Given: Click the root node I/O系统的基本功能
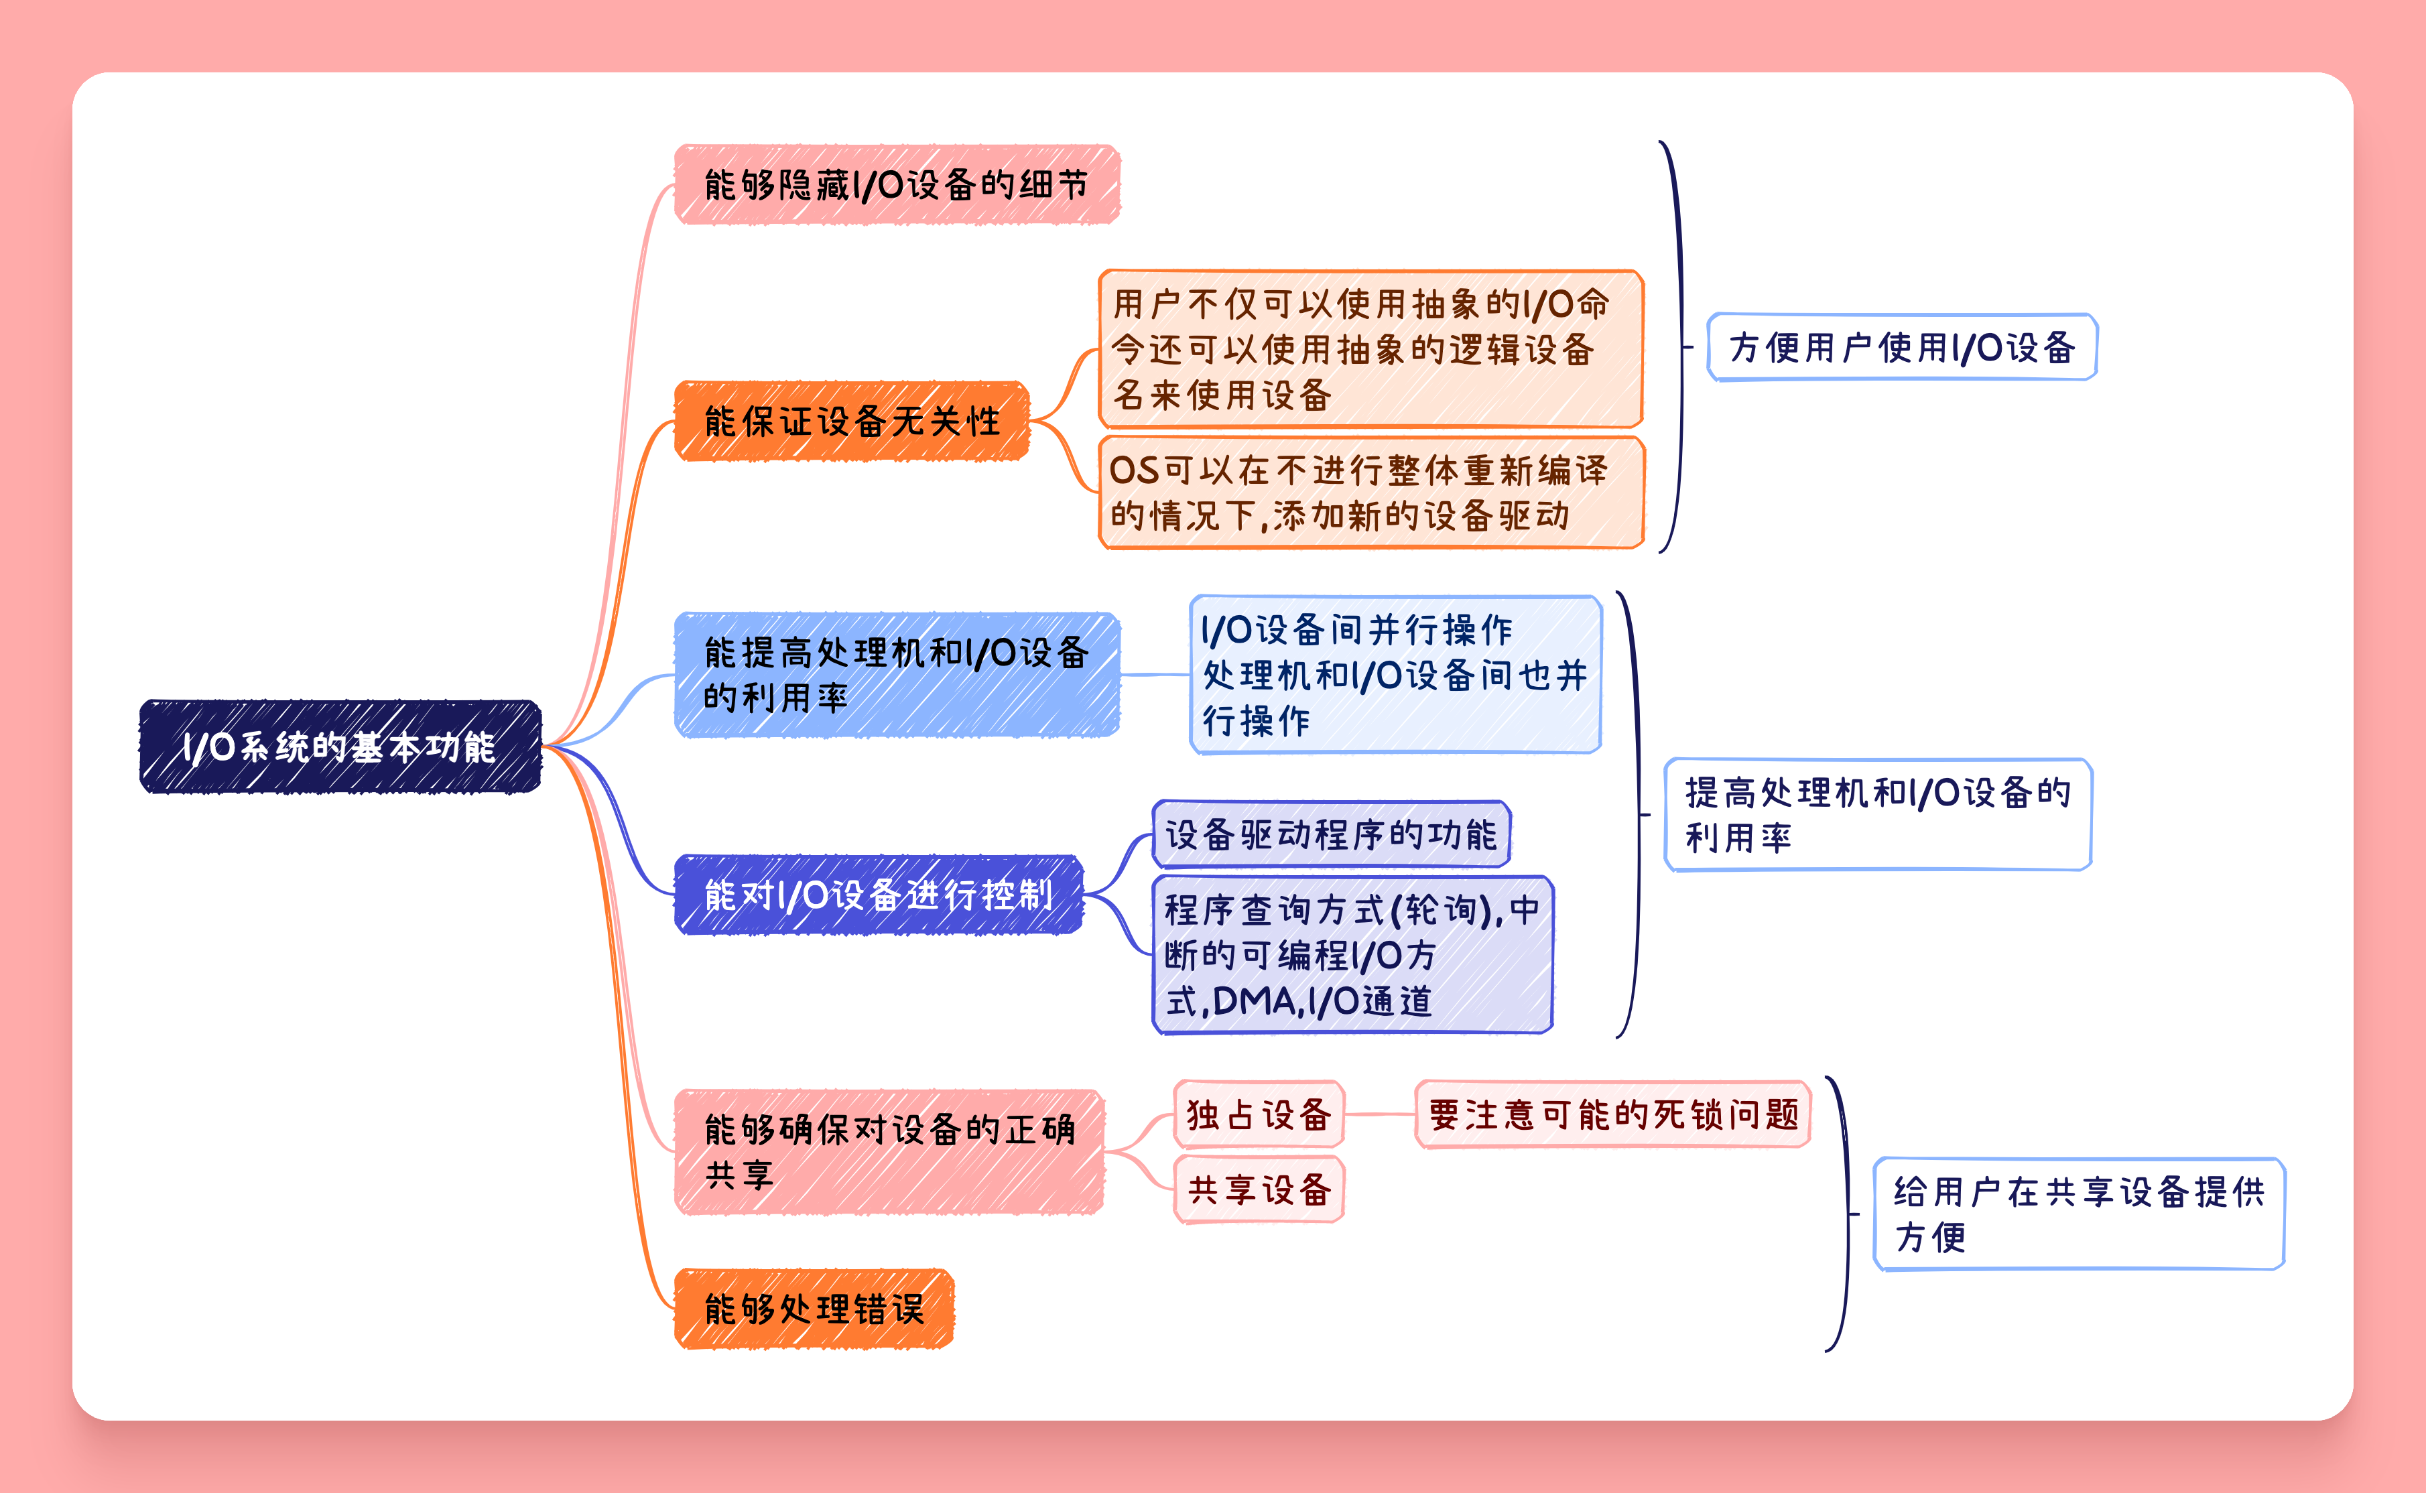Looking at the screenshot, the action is [340, 746].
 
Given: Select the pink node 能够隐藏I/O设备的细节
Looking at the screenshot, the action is [897, 185].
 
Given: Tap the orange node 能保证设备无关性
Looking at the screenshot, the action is [851, 421].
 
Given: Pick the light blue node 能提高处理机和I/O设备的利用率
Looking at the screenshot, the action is [897, 674].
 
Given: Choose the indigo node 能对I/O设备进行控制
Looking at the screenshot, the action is [879, 895].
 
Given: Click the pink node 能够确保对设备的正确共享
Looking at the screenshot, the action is [889, 1151].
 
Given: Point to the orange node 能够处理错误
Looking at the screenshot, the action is [814, 1308].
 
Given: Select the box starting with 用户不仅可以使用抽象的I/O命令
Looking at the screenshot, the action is [1370, 348].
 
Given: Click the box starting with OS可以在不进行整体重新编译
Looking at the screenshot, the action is [1370, 492].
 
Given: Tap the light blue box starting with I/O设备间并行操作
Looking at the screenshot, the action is [1395, 674].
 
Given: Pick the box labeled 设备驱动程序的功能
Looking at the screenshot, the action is [1331, 834].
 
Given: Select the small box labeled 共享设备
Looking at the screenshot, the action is [1259, 1189].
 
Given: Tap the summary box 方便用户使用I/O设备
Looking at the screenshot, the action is [1902, 346].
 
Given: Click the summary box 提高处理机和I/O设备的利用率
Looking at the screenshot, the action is [1877, 815].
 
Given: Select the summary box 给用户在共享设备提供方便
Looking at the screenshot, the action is [2078, 1214].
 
